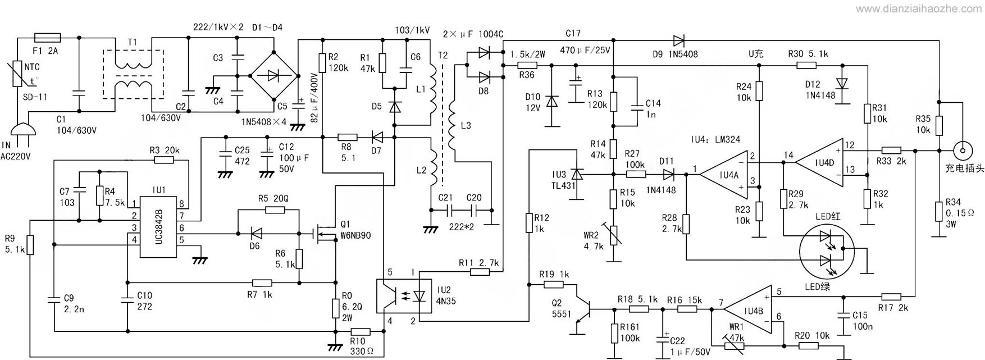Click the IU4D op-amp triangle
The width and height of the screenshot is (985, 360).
819,162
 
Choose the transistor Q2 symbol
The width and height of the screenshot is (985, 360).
584,308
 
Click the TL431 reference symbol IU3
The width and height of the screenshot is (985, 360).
577,175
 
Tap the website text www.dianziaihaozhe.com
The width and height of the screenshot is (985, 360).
915,8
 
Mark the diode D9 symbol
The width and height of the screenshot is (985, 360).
678,40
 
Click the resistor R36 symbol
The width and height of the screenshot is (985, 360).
526,65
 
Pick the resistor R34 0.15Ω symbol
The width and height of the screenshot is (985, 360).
937,212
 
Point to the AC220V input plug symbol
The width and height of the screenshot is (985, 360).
22,131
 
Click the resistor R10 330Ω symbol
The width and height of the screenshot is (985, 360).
360,332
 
